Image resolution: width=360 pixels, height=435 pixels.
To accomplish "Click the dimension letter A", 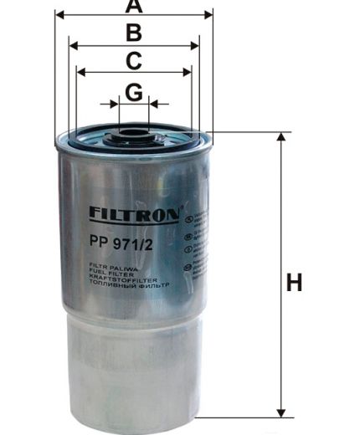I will (x=133, y=7).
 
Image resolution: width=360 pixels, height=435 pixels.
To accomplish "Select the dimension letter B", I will (x=133, y=33).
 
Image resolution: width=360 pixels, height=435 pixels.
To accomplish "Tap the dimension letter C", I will (x=133, y=60).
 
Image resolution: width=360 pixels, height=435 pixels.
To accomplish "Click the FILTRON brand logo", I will (x=133, y=215).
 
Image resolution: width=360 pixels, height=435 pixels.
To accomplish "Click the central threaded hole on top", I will (x=133, y=133).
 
